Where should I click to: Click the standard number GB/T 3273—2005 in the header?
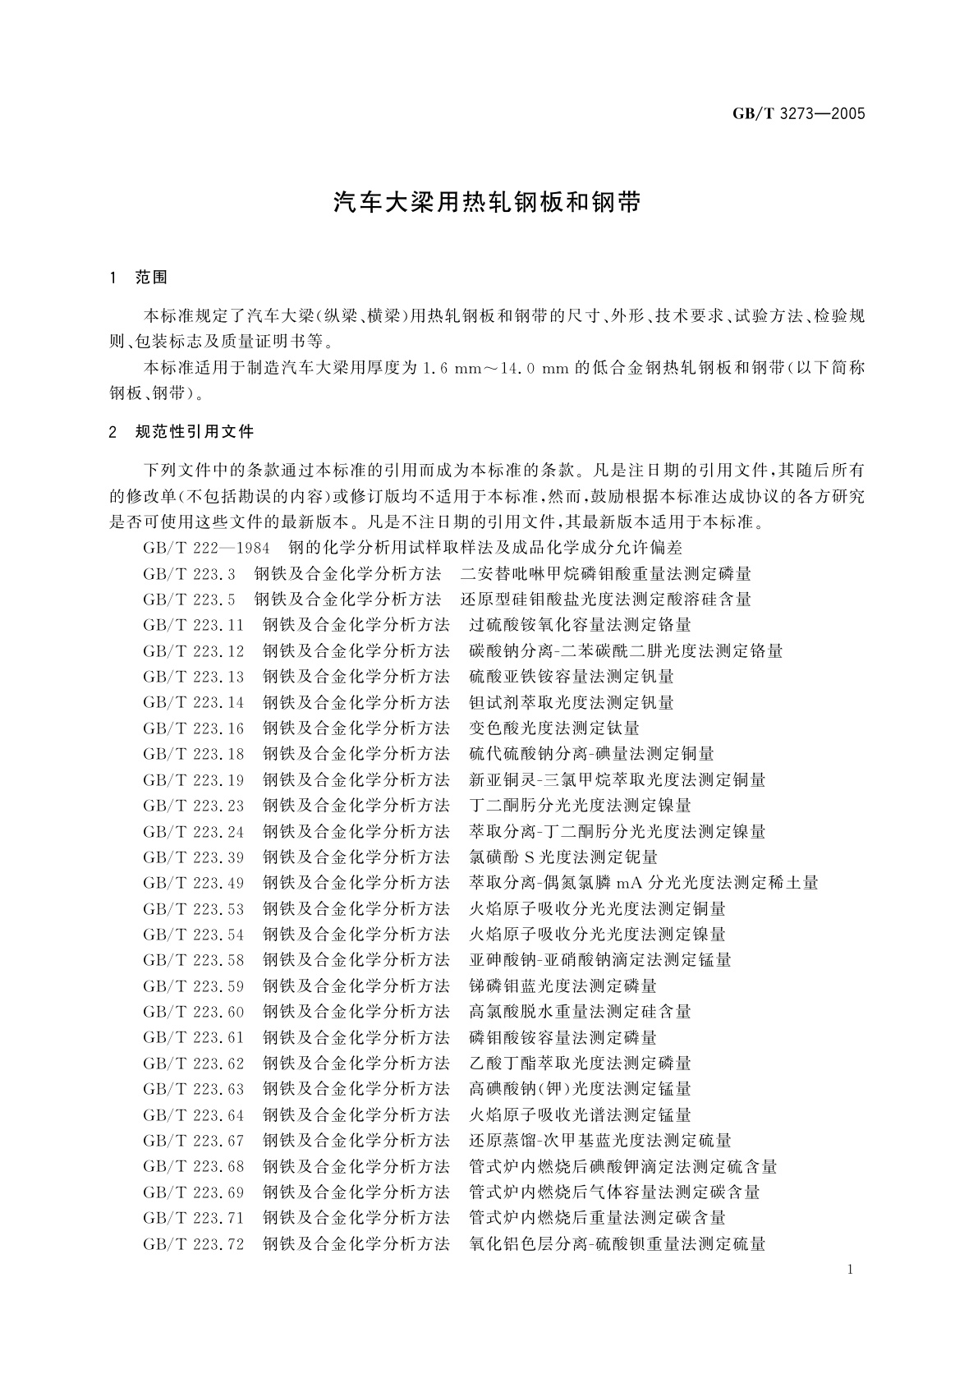[x=798, y=114]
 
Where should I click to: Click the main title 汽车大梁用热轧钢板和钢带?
[x=487, y=203]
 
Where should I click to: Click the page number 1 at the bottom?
[x=850, y=1270]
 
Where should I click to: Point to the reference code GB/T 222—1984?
[x=207, y=548]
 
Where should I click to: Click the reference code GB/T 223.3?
[x=189, y=574]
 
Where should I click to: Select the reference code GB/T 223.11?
[x=194, y=625]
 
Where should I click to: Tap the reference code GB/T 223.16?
[x=194, y=728]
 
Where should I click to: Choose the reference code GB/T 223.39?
[x=194, y=857]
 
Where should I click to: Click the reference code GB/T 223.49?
[x=194, y=883]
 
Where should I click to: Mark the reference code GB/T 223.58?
[x=194, y=959]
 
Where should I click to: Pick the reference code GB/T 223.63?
[x=194, y=1088]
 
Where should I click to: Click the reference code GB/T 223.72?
[x=194, y=1243]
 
